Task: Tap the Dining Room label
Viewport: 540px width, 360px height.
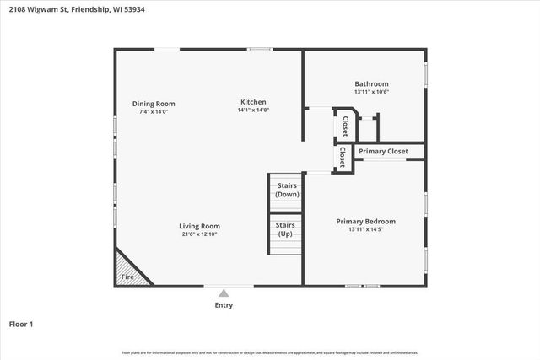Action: pos(153,104)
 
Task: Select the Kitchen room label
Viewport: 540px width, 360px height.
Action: pos(253,101)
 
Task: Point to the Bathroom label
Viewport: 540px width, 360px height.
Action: pos(371,84)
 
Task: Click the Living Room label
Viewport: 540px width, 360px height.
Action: pos(199,226)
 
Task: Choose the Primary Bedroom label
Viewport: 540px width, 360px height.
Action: pos(365,222)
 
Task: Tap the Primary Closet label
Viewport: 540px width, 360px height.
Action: pos(383,152)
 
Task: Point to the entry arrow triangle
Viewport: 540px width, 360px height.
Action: pos(224,293)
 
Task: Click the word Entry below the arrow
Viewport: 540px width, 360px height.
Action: pos(224,305)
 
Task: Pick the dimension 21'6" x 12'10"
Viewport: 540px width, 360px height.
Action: pos(199,234)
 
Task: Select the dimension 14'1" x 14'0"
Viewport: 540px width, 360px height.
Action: pos(253,110)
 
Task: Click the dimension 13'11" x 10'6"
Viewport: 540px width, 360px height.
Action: pos(371,93)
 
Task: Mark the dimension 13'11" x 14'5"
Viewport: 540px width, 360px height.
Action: pos(365,230)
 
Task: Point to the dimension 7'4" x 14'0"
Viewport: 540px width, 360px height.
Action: pos(153,112)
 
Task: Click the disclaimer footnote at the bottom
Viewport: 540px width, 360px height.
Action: pos(270,352)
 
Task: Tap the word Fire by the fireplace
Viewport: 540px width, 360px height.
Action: pos(127,277)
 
